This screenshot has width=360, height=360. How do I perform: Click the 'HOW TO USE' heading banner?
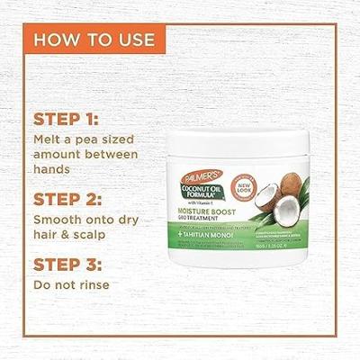(x=94, y=40)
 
